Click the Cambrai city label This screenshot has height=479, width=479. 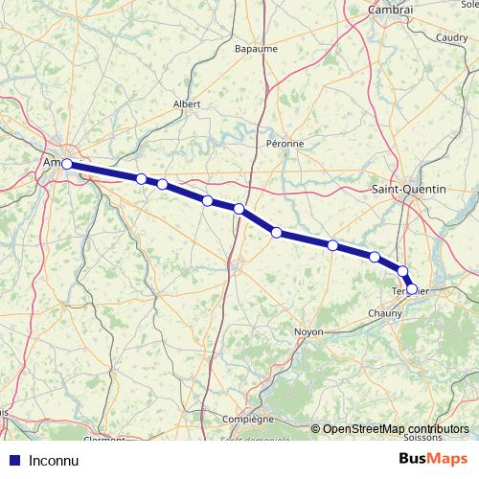(x=390, y=10)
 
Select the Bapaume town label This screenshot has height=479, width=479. (x=255, y=47)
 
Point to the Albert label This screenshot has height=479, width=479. (x=187, y=104)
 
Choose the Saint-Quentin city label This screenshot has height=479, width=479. (x=408, y=190)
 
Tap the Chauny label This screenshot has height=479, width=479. (x=385, y=313)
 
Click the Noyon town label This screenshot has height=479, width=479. (x=309, y=331)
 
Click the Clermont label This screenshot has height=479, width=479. (x=104, y=440)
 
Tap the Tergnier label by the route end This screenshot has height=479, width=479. (x=411, y=289)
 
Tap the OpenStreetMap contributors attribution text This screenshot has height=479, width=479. (x=396, y=429)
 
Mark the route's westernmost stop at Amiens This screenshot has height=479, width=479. (x=68, y=164)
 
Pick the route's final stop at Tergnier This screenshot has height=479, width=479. (x=412, y=288)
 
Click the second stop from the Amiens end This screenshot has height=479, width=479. (x=141, y=179)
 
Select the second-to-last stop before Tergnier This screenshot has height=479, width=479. (x=403, y=271)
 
